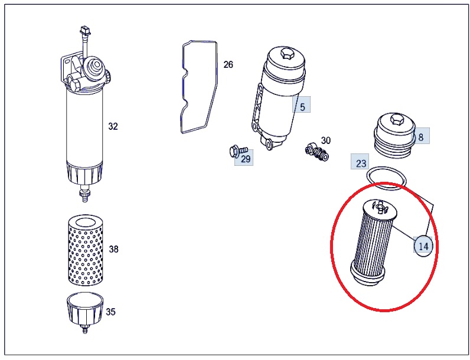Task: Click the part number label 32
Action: coord(113,126)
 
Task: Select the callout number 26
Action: coord(228,64)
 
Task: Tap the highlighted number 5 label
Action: coord(302,107)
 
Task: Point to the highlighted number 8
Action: coord(421,137)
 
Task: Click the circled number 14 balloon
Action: coord(423,246)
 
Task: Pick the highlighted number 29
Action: coord(246,158)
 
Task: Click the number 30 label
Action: coord(326,140)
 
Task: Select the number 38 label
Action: coord(113,249)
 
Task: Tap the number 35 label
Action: coord(110,312)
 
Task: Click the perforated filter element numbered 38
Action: coord(86,250)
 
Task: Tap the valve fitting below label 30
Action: coord(317,152)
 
